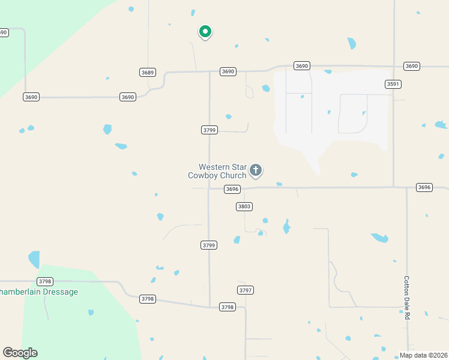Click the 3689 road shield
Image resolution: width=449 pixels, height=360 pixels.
[x=148, y=73]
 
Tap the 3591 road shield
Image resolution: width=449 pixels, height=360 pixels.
[x=393, y=84]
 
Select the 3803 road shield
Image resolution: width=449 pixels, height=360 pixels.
[x=244, y=206]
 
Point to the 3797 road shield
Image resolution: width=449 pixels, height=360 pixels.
[x=245, y=290]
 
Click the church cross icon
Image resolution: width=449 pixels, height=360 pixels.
[x=256, y=170]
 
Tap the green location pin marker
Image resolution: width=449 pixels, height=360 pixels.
[x=205, y=31]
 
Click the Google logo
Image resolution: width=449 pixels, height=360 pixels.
[x=20, y=353]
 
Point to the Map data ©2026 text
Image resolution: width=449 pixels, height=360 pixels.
[x=423, y=355]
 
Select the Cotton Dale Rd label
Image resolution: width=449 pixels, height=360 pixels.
[x=406, y=296]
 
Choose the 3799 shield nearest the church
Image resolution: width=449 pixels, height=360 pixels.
[x=209, y=130]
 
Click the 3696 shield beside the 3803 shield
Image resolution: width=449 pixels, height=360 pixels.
[x=232, y=189]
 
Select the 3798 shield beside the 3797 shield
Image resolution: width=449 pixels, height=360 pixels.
[x=227, y=307]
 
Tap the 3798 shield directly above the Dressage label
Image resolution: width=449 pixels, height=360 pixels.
[x=45, y=281]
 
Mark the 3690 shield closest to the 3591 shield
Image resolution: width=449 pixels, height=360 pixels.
[x=411, y=66]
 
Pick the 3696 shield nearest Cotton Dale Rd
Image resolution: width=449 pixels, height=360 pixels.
[x=424, y=188]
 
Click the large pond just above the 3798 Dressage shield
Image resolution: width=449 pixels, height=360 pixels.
[x=34, y=260]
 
